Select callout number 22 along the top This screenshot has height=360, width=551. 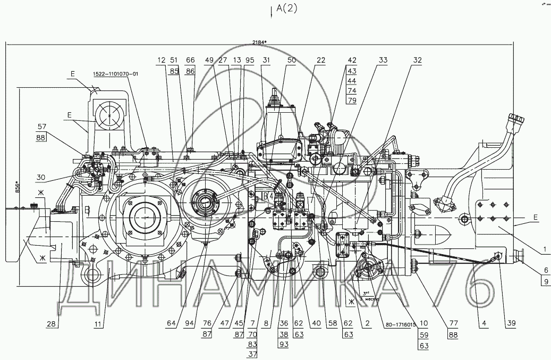point(320,60)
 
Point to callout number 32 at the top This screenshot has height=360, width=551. point(417,60)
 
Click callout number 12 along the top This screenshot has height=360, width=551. point(161,60)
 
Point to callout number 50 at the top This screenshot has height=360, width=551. point(291,60)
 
